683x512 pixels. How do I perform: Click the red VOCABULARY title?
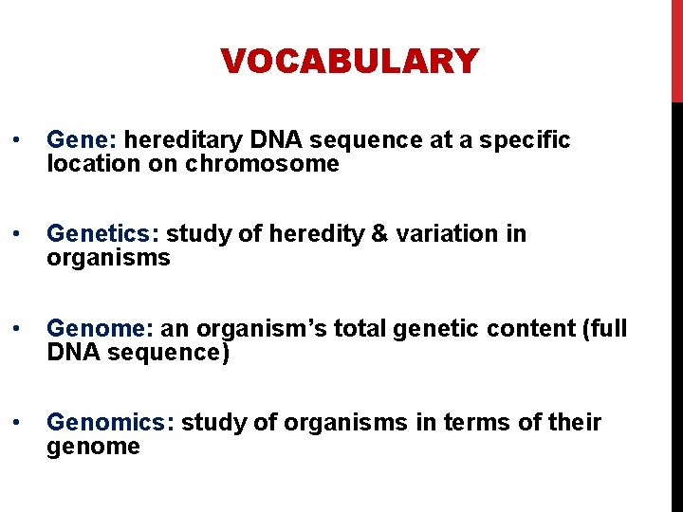pos(349,62)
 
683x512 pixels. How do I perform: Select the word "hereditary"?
pos(183,140)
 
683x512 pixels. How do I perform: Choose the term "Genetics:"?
pos(102,233)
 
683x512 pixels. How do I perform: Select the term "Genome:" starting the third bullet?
pos(100,328)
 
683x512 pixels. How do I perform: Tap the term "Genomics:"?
pos(110,422)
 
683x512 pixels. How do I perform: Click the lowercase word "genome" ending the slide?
pos(93,447)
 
